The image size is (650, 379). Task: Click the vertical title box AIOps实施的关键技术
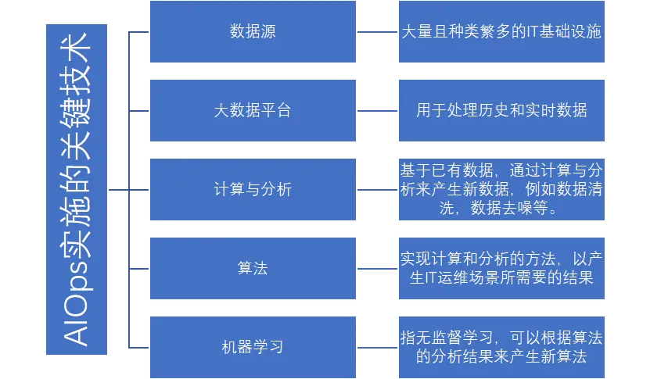(77, 190)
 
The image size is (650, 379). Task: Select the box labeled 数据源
(253, 33)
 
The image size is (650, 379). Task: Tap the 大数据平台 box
(253, 110)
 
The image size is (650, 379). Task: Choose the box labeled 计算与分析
(253, 190)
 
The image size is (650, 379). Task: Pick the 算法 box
(253, 268)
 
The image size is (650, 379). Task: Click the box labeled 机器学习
(253, 346)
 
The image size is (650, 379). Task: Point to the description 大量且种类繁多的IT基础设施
(501, 33)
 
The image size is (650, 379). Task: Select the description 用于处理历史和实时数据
(501, 110)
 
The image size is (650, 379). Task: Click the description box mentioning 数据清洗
(501, 190)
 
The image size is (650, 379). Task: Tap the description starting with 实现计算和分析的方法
(501, 268)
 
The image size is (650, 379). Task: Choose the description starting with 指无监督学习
(501, 346)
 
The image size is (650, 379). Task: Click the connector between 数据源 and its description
(378, 34)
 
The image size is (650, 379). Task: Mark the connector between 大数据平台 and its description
(378, 111)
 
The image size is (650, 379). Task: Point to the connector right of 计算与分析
(378, 190)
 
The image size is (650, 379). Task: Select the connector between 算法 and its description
(378, 268)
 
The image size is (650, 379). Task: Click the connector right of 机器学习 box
(378, 346)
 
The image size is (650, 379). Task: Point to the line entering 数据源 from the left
(138, 34)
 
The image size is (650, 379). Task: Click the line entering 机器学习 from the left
(138, 346)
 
